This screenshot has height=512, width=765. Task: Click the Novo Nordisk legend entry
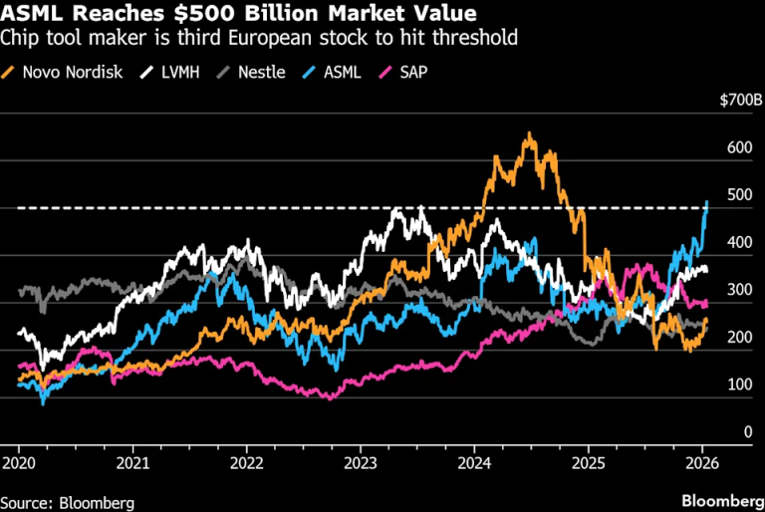(62, 73)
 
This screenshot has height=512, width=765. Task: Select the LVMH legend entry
(170, 73)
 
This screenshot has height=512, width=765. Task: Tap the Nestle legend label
(262, 73)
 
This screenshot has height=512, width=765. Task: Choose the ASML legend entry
(332, 73)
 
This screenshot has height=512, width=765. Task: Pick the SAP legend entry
(403, 73)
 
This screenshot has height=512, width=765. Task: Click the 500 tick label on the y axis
(740, 195)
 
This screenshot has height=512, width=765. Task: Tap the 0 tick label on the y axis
(748, 431)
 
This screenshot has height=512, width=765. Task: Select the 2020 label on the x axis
(19, 463)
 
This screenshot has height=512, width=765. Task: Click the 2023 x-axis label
(360, 463)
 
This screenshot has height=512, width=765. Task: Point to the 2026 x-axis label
(702, 463)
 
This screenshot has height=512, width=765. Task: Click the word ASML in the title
(32, 13)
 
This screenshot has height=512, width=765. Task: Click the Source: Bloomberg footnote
(68, 503)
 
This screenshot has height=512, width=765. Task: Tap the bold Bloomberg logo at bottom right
(723, 501)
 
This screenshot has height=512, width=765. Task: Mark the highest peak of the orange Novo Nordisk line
(529, 132)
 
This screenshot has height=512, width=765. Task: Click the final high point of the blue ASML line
(707, 201)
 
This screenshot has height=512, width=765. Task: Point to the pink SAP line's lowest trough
(331, 398)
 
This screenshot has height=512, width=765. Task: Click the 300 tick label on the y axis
(740, 290)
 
